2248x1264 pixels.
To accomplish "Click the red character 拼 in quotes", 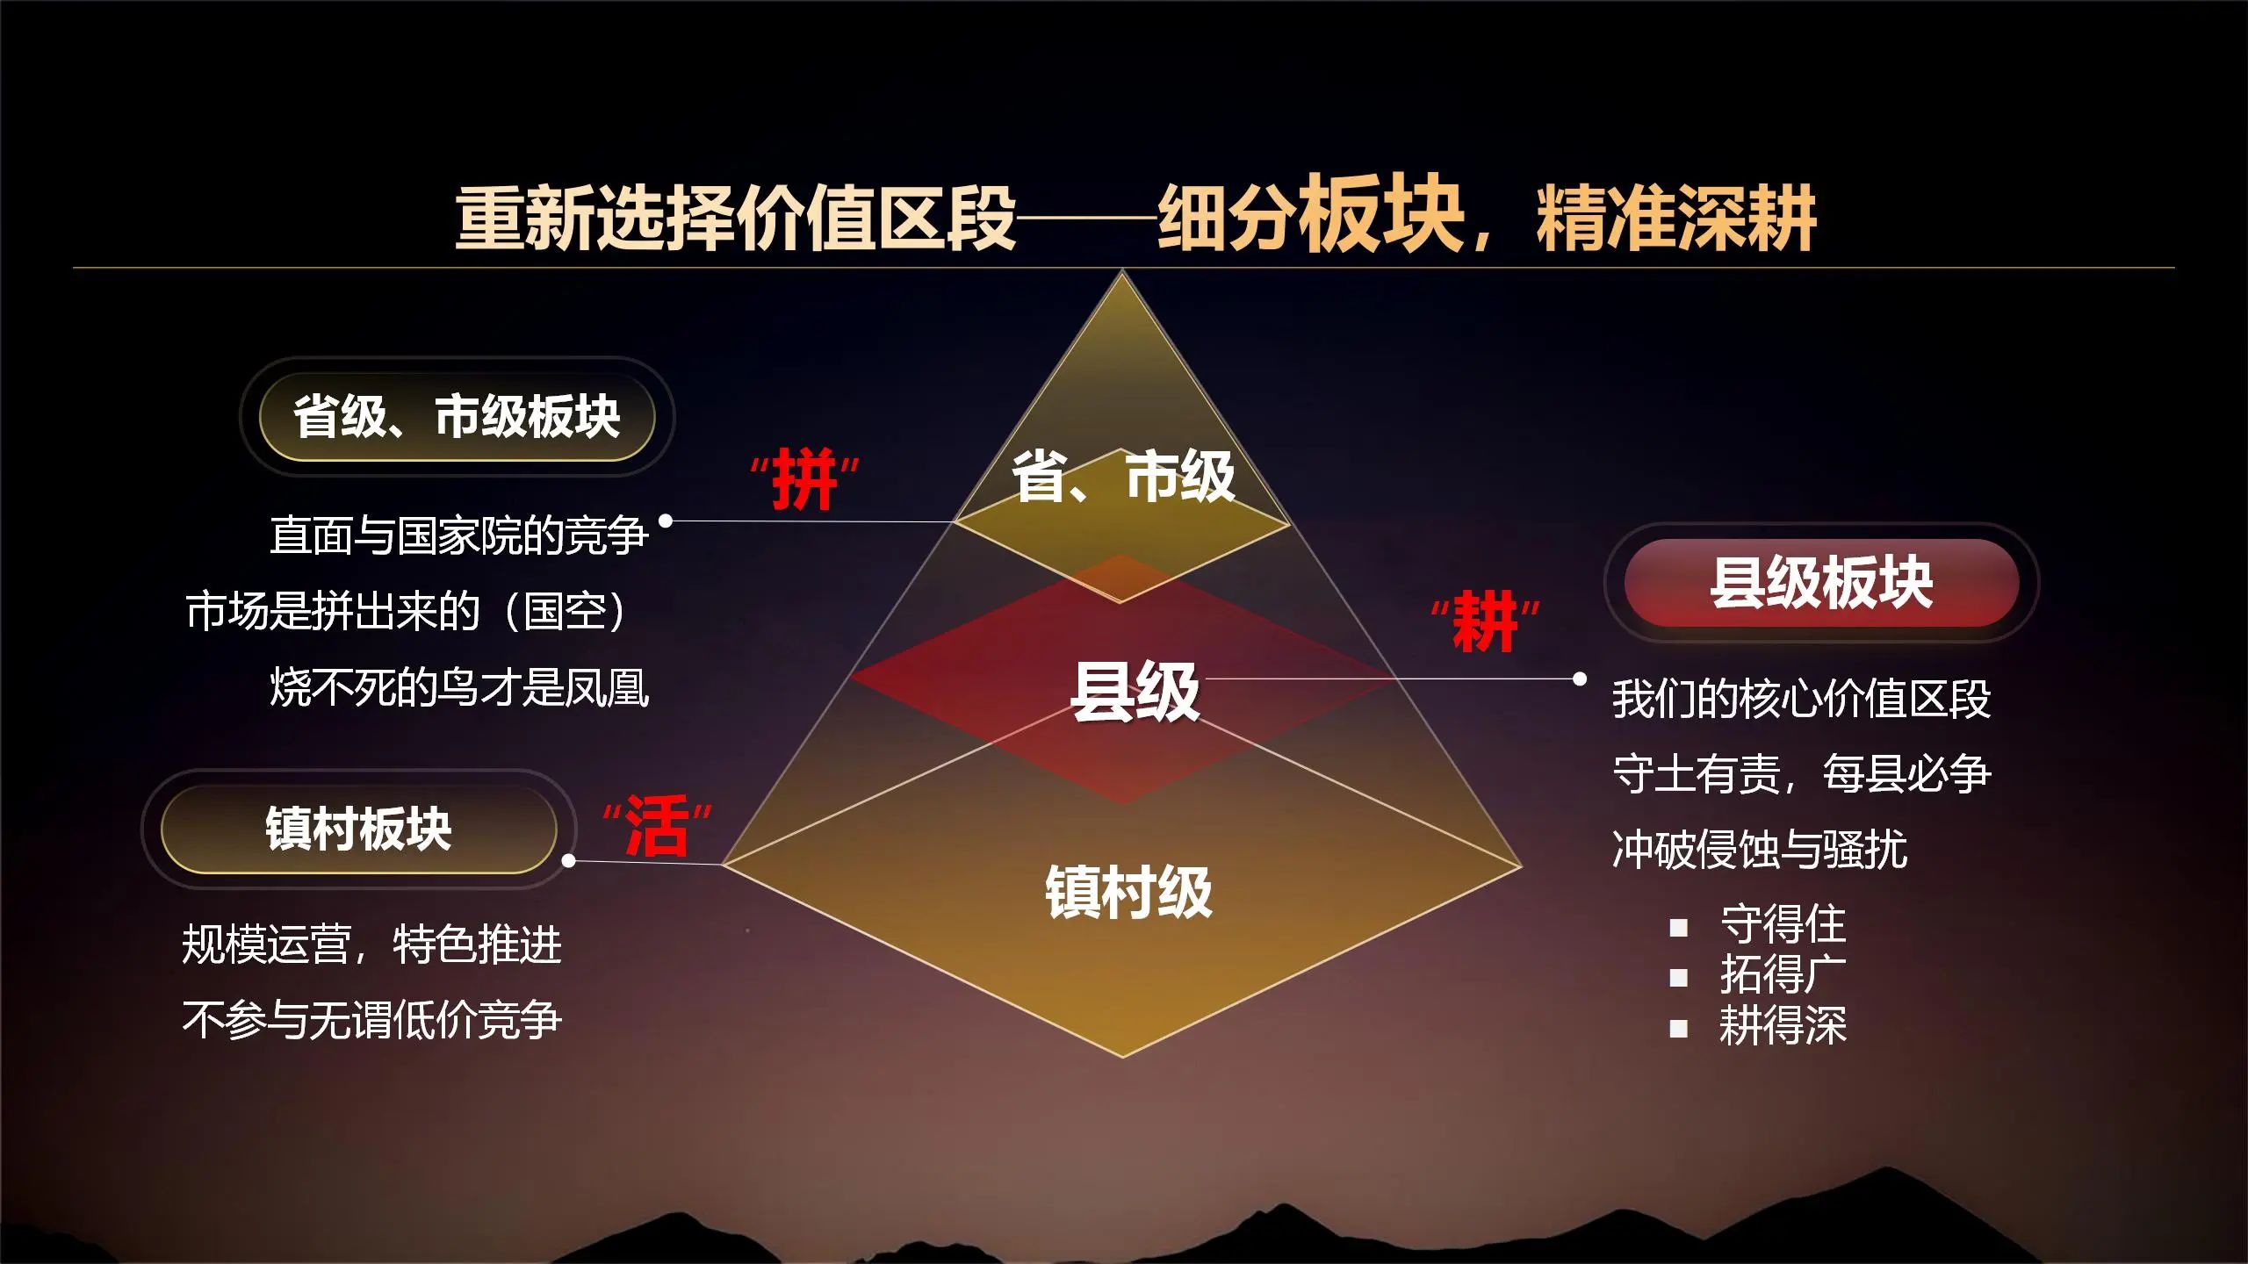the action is pos(803,480).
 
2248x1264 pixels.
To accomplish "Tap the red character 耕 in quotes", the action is pos(1485,621).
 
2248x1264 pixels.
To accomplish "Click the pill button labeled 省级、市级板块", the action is pos(457,416).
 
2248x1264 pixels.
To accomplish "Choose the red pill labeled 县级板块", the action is pos(1821,583).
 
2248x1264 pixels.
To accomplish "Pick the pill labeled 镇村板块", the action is pos(358,829).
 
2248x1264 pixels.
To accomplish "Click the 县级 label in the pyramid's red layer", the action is pos(1135,692).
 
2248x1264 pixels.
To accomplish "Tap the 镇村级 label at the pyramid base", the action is pos(1128,892).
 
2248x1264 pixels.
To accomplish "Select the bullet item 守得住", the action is pos(1783,924).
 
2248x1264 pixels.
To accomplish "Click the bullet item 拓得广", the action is pos(1783,974).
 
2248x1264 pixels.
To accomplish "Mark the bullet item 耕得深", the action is pos(1783,1024).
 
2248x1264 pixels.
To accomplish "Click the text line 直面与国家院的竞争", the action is pos(459,535).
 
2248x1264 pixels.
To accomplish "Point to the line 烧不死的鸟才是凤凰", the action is pos(459,687).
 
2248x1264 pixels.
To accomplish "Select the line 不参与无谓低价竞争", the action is pos(371,1020).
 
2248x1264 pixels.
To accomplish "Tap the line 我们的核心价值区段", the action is pos(1802,699).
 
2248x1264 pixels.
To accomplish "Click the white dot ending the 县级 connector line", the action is pos(1580,679).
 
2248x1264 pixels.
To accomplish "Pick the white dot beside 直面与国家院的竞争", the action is pos(666,521).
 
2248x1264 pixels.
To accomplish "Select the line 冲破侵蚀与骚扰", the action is pos(1760,850).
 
